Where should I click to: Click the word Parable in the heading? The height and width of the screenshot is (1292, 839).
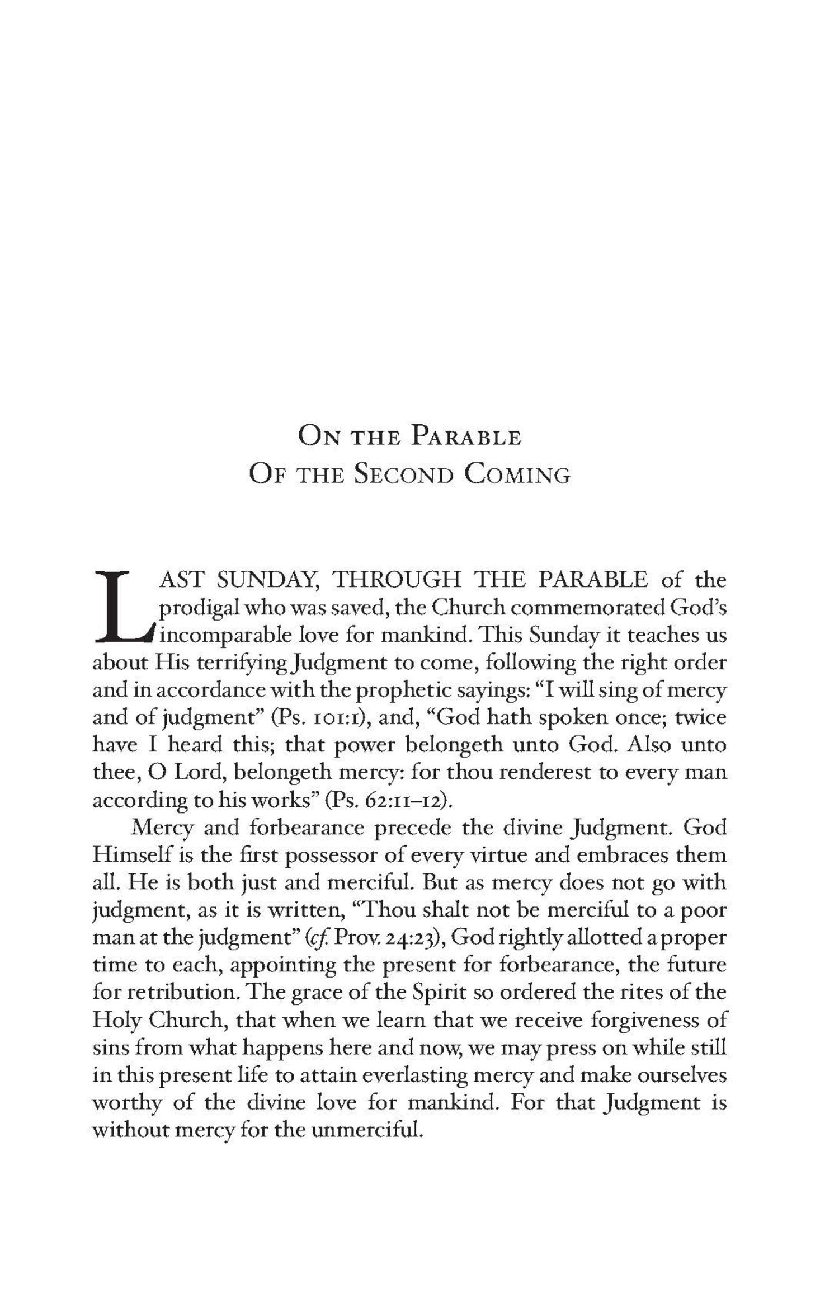(466, 437)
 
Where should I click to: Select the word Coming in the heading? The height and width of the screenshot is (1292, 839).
(518, 476)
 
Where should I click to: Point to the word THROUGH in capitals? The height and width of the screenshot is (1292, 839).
(397, 580)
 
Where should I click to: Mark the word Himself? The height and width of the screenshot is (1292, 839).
(129, 856)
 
